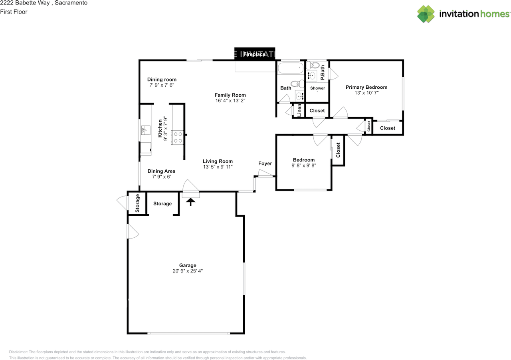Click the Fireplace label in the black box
click(x=254, y=54)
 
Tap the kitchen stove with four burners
click(x=178, y=137)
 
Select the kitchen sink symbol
click(x=146, y=130)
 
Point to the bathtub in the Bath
click(x=291, y=68)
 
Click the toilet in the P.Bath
click(x=313, y=65)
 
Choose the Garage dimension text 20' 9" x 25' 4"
click(x=188, y=271)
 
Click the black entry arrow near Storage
click(x=190, y=202)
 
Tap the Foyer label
click(x=265, y=163)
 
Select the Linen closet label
click(x=299, y=110)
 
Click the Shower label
click(x=317, y=88)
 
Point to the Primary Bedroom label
click(x=366, y=87)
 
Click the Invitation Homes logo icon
click(x=426, y=14)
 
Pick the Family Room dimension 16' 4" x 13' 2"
click(x=230, y=101)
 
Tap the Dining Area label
click(x=162, y=171)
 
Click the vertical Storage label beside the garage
click(x=137, y=203)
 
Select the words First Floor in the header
click(x=14, y=12)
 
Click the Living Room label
click(x=218, y=161)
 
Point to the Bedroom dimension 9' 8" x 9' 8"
click(x=304, y=165)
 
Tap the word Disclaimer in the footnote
click(x=18, y=352)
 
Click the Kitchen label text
click(x=160, y=129)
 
